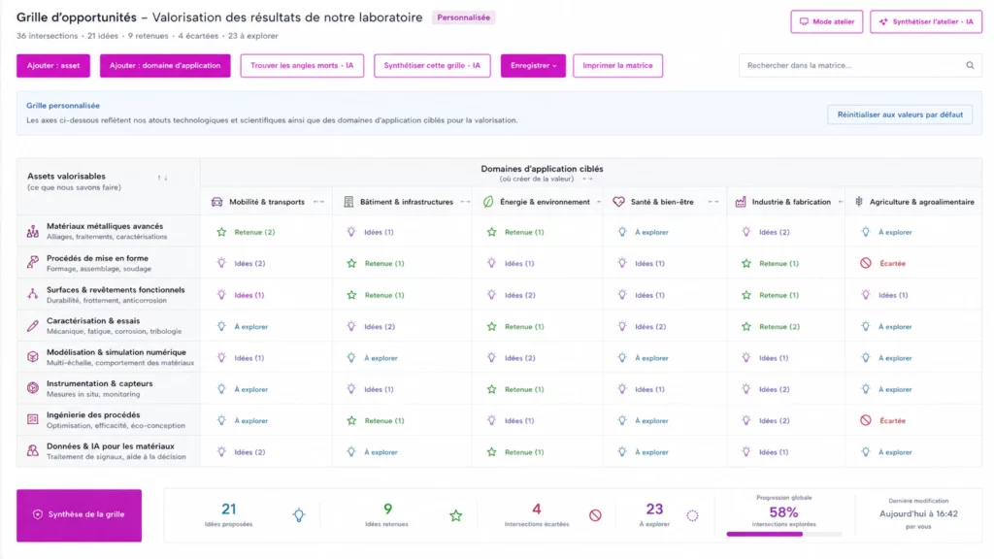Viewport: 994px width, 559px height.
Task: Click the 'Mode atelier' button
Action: (x=827, y=21)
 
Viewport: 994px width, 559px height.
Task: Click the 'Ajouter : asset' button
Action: (x=53, y=65)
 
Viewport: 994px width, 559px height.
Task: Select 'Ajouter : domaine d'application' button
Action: (x=165, y=65)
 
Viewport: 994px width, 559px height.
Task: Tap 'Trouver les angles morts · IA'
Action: (x=302, y=65)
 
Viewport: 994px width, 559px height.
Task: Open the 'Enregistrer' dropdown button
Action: (x=533, y=65)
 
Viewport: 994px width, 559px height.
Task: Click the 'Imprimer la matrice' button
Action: (x=617, y=65)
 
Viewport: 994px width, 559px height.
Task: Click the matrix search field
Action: (x=860, y=65)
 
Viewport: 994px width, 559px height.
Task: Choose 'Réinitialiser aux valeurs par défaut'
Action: (x=900, y=115)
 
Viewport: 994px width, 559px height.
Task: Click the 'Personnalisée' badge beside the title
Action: (x=463, y=17)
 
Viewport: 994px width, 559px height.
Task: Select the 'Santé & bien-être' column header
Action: (x=662, y=202)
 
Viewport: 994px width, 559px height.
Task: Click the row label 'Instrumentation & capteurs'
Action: (x=100, y=383)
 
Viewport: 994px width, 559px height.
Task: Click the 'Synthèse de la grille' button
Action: (x=80, y=514)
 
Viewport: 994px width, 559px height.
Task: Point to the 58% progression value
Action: (x=783, y=512)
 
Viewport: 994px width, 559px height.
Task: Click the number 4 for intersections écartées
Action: (x=536, y=509)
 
